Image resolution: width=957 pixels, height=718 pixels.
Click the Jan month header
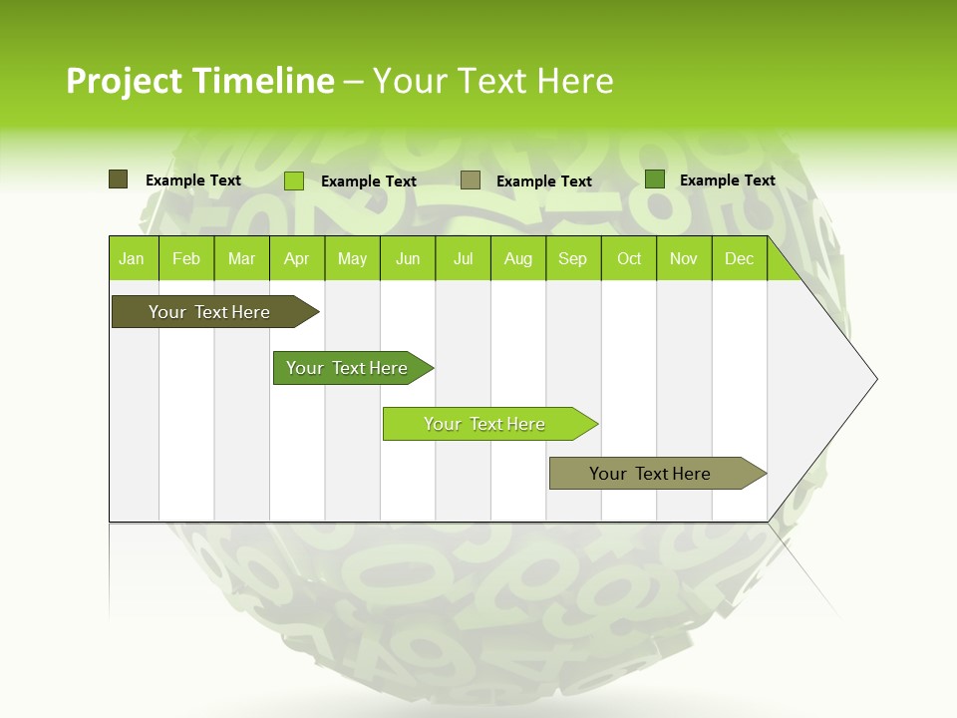pos(133,258)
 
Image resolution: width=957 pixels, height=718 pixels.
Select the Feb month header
pos(186,258)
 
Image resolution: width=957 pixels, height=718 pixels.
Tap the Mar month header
pos(241,258)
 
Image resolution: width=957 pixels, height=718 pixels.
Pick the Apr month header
pos(297,258)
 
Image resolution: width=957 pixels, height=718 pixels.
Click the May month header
pos(352,258)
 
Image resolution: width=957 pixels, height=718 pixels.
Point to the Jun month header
pos(408,258)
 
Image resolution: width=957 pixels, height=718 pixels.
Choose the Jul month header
pos(463,258)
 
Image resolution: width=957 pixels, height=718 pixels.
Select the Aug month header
pos(518,258)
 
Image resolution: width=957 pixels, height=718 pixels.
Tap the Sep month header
pos(573,258)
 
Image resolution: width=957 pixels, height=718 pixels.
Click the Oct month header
pos(629,258)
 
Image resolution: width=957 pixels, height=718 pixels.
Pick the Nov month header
pos(684,258)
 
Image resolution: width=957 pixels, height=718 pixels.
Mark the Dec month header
pos(739,258)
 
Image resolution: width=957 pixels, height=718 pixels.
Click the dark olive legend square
pos(119,179)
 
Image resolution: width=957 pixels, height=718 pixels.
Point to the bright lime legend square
pos(294,180)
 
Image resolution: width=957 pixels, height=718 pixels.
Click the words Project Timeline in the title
pos(199,81)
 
